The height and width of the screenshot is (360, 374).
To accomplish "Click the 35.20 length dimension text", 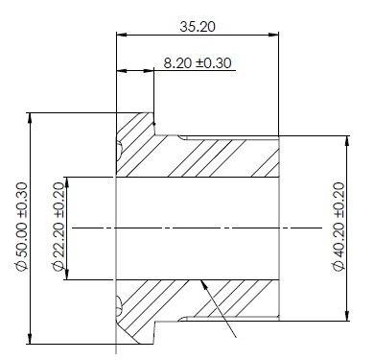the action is click(198, 26).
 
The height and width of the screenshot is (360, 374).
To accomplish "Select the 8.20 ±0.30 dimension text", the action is click(198, 63).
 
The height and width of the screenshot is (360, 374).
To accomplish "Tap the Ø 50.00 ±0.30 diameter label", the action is click(22, 227).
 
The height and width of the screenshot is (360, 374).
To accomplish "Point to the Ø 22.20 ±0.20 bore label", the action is click(58, 227).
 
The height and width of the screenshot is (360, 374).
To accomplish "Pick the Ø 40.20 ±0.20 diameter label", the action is click(339, 227).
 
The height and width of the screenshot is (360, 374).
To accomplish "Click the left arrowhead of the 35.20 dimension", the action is click(122, 35).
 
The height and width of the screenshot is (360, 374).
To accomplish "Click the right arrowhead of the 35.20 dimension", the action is click(273, 35).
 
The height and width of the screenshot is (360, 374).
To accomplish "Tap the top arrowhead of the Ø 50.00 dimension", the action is click(30, 118).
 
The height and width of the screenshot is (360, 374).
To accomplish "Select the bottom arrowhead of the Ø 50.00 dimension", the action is click(30, 339).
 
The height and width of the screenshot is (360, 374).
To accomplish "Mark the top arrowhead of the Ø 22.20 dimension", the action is click(67, 182).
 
